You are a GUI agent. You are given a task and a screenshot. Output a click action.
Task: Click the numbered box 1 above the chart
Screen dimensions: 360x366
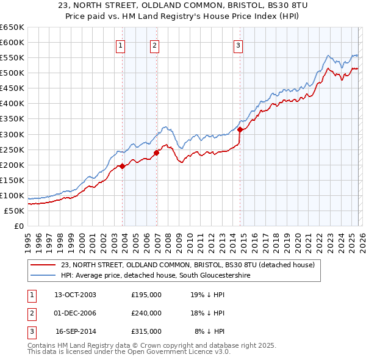(120, 45)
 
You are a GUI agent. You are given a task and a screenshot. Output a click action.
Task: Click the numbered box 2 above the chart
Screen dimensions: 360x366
(154, 45)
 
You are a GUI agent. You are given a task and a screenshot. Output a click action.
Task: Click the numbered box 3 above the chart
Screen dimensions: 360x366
(238, 45)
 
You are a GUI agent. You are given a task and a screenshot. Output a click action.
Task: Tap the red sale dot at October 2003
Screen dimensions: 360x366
(123, 166)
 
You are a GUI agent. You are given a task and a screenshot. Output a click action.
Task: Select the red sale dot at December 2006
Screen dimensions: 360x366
(157, 153)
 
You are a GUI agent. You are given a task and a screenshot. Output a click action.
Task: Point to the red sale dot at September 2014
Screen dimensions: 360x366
(240, 129)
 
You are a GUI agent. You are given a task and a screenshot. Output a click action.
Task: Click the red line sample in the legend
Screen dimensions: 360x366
(43, 265)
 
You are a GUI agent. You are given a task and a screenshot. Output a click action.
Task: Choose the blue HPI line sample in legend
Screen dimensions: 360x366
(43, 276)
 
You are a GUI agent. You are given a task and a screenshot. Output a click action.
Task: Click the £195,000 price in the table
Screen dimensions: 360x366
(146, 295)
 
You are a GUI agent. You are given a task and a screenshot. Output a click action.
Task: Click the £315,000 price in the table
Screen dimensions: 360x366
(146, 331)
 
